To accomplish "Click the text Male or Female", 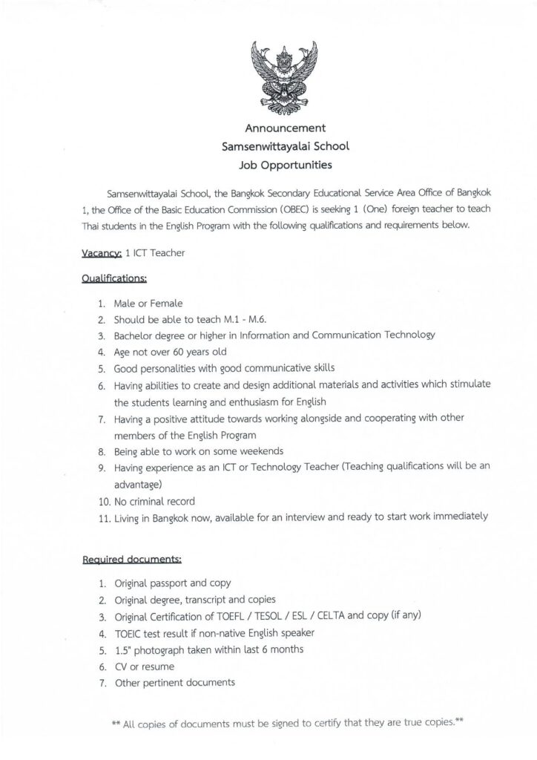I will tap(148, 304).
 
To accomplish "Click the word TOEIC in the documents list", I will tap(130, 633).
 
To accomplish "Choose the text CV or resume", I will tap(145, 666).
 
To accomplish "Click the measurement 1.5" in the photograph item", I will tap(125, 649).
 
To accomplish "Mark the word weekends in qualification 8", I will tap(260, 451).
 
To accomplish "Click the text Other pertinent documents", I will tap(174, 682).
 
